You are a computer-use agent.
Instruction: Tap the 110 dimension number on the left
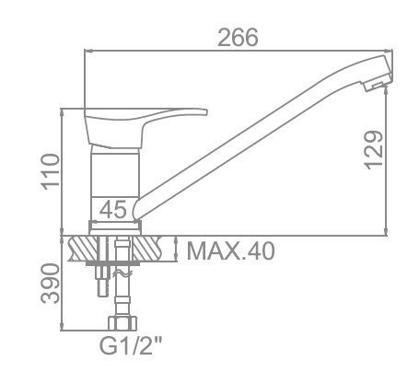click(x=51, y=171)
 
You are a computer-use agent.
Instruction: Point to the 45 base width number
click(x=112, y=210)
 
